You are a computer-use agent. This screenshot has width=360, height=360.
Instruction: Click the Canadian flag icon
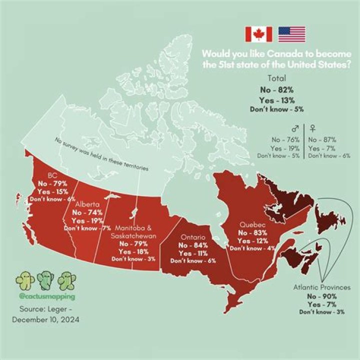click(x=258, y=34)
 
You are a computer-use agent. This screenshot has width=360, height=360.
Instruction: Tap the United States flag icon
click(x=291, y=34)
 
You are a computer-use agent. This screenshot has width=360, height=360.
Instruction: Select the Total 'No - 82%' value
click(x=277, y=89)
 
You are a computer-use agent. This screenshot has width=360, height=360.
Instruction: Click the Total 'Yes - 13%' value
click(x=277, y=99)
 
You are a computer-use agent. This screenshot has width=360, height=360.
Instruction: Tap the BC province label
click(x=52, y=175)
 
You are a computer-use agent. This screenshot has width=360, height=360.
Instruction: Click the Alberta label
click(x=88, y=204)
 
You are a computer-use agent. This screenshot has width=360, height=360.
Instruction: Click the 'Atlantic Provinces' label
click(x=322, y=287)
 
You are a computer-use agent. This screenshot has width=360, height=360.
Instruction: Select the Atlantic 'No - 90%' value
click(x=323, y=296)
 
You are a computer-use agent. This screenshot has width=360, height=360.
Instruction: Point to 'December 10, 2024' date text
click(x=47, y=319)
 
